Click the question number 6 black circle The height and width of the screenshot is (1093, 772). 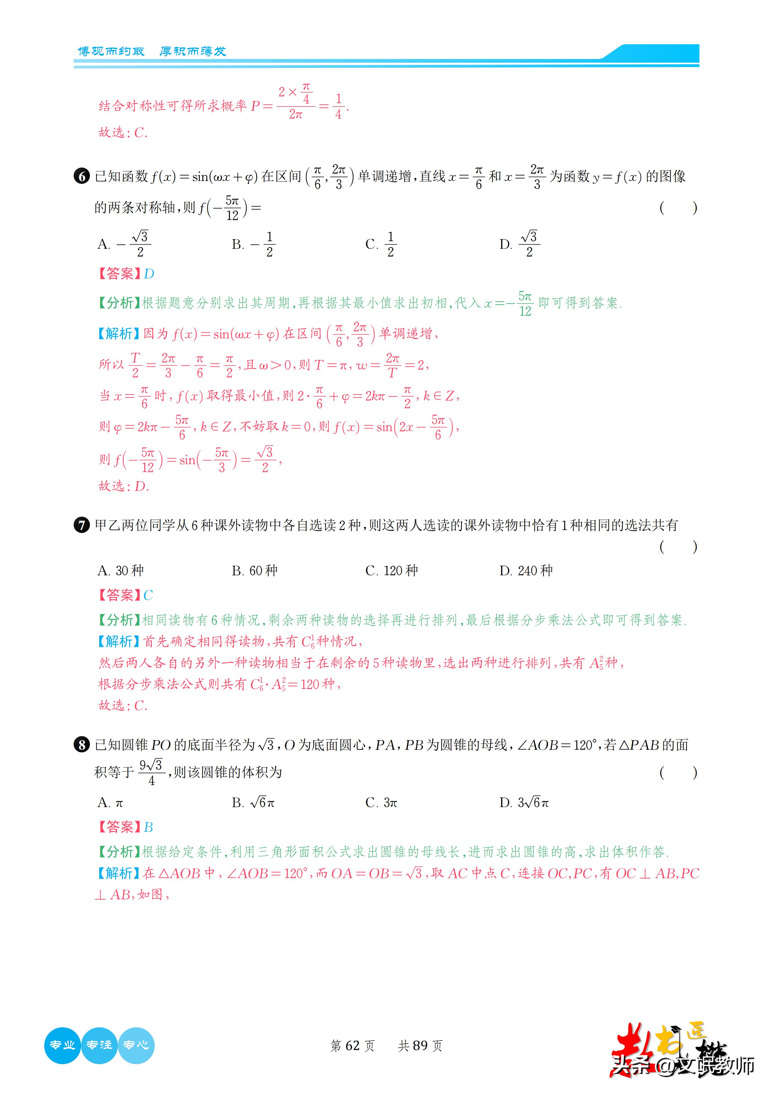pyautogui.click(x=82, y=177)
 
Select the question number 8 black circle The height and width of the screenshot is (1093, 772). pyautogui.click(x=82, y=745)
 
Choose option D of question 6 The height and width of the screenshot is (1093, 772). pyautogui.click(x=520, y=244)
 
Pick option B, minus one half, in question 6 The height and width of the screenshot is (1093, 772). pyautogui.click(x=253, y=244)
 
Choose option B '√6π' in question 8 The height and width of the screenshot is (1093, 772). pyautogui.click(x=253, y=803)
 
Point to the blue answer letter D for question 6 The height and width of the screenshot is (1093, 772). pyautogui.click(x=149, y=274)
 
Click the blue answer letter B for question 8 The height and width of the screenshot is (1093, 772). pyautogui.click(x=148, y=827)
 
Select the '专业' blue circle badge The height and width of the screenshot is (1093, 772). pyautogui.click(x=62, y=1045)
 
